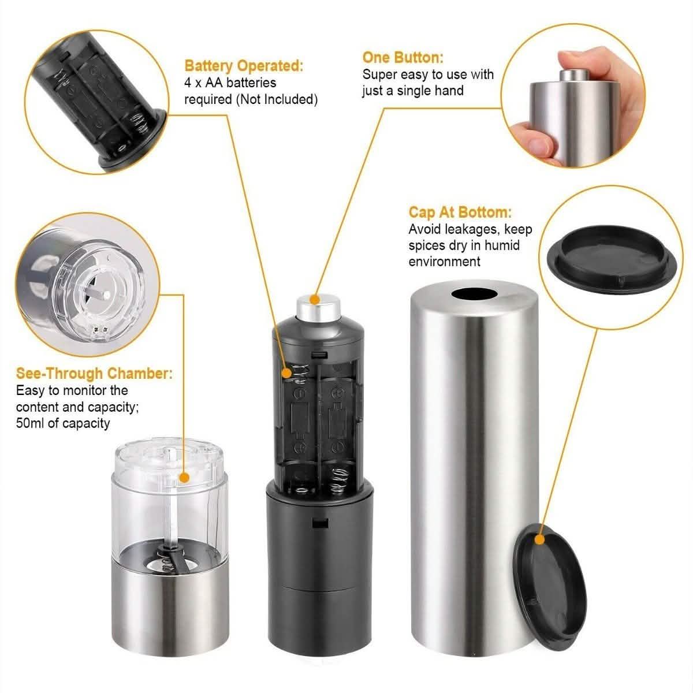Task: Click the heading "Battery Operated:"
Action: pos(243,66)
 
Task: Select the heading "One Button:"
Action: pos(403,57)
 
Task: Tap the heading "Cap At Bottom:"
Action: pos(460,213)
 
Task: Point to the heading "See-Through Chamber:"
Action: pos(94,373)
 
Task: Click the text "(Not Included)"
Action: pos(277,99)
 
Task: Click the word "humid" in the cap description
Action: pos(502,245)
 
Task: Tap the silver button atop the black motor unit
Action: pos(315,309)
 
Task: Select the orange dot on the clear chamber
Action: pos(184,478)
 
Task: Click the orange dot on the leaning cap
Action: pos(540,540)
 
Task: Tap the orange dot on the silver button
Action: pos(315,299)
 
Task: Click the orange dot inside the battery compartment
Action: pos(288,374)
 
